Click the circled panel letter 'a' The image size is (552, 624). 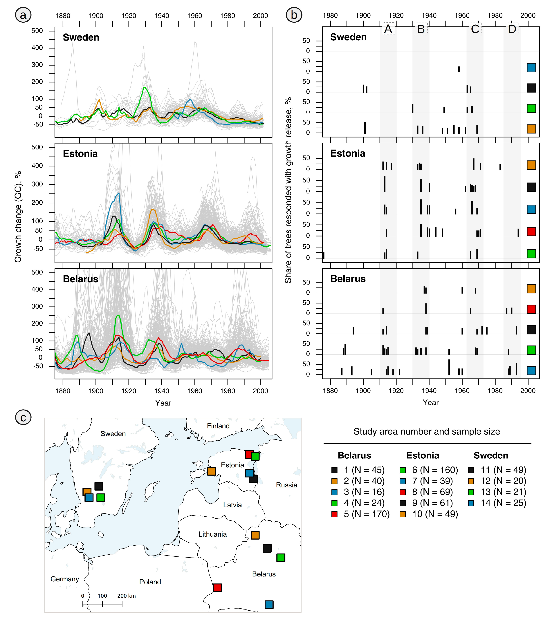(x=23, y=15)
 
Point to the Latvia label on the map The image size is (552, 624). (x=232, y=505)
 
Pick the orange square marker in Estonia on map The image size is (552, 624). (x=212, y=471)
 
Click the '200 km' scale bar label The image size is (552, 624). (x=126, y=596)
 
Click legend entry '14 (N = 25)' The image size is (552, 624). (x=497, y=503)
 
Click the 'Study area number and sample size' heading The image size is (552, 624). (x=427, y=431)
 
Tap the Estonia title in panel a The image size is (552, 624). (x=80, y=153)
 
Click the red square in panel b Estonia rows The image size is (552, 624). (x=531, y=231)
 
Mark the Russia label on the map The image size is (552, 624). (x=286, y=485)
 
